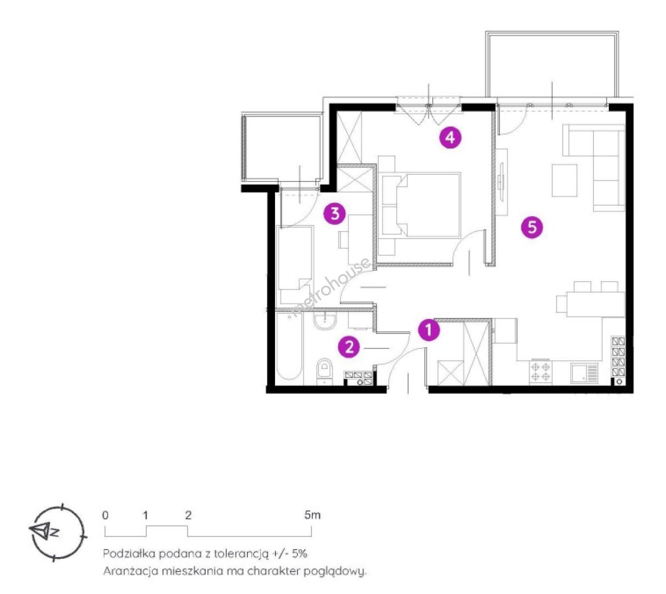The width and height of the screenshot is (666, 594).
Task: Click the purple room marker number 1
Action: coord(428,329)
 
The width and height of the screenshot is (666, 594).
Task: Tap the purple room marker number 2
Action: coord(349,346)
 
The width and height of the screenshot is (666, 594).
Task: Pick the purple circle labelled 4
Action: coord(450,137)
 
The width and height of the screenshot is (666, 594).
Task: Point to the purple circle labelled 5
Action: coord(532,227)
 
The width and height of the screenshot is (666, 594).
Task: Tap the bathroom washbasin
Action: coord(325,320)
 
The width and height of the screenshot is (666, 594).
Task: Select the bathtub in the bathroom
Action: coord(289,346)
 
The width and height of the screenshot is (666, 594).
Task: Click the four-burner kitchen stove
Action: coord(541,371)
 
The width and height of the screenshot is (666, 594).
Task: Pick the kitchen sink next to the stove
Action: coord(584,373)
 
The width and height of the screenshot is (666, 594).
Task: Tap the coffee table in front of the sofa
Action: coord(564,180)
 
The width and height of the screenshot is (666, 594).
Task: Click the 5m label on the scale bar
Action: coord(312,515)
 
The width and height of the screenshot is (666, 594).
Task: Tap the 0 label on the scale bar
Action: coord(105,515)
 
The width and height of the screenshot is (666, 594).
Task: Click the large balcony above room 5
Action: coord(552,65)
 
